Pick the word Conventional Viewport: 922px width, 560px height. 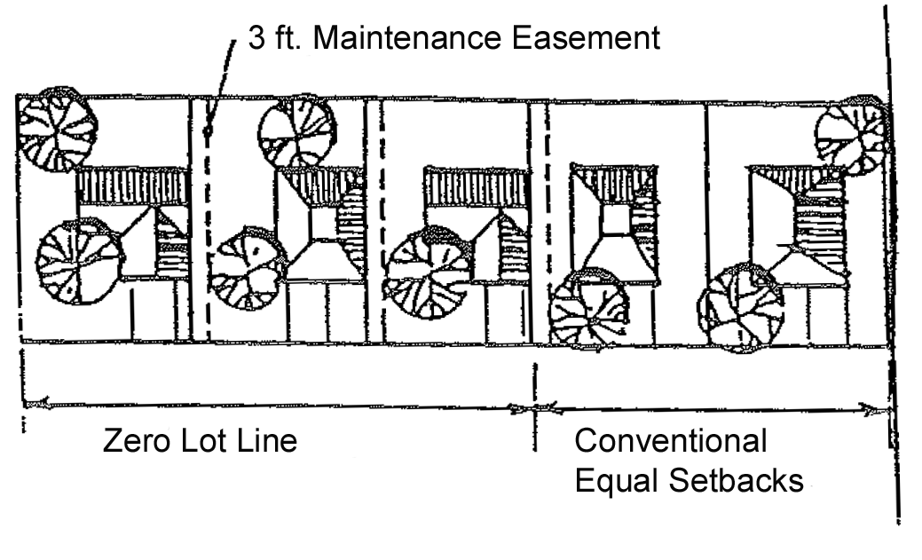click(x=671, y=441)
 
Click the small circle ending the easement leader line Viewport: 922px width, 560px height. click(x=208, y=131)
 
